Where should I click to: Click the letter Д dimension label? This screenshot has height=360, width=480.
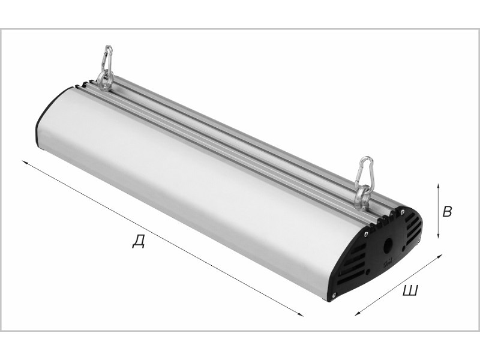click(139, 241)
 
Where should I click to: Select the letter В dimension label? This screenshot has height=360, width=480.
click(447, 212)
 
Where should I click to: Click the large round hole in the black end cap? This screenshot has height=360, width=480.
click(388, 245)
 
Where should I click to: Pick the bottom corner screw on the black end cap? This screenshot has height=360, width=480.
click(334, 295)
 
